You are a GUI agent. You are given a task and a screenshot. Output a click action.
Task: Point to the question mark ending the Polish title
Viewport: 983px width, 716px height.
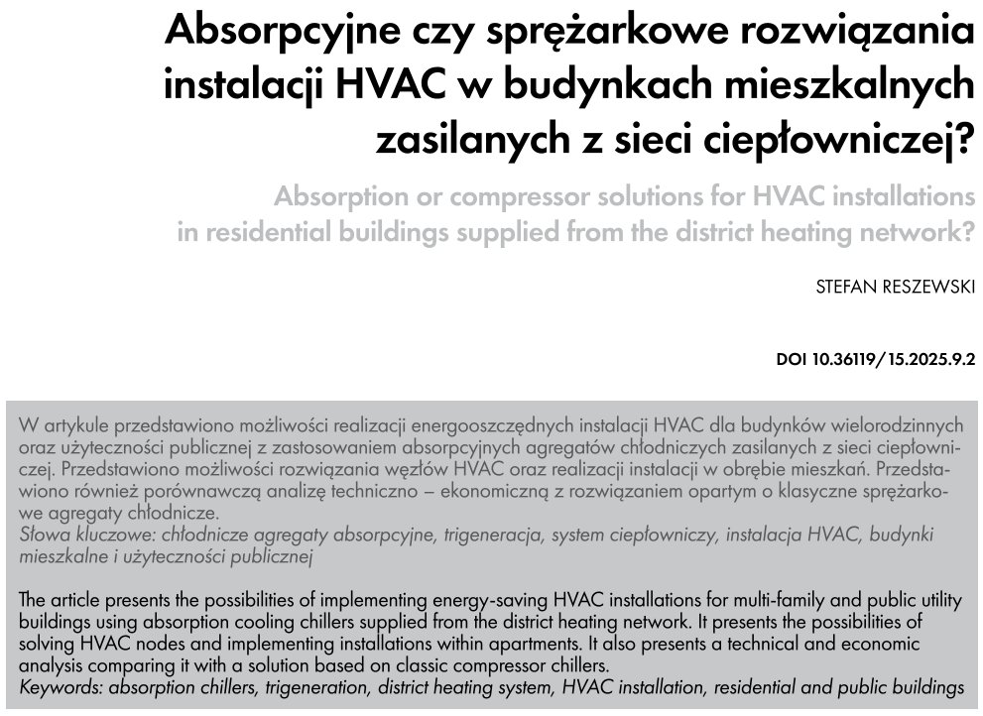[x=957, y=142]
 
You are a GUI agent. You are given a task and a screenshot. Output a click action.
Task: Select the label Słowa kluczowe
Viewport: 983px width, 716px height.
[x=80, y=536]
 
